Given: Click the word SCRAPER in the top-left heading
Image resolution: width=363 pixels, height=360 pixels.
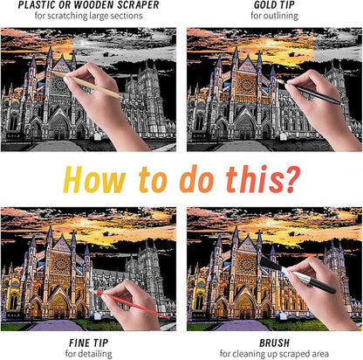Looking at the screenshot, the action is coord(138,5).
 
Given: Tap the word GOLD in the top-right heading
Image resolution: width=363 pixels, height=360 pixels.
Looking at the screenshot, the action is coord(264,5).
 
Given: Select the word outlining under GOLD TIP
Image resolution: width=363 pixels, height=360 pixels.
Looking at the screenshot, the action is coord(282,16).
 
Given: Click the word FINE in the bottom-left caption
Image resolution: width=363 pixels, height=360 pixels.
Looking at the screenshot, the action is coord(79,343).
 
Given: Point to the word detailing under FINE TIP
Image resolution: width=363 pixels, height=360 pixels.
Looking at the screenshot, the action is coord(95,354).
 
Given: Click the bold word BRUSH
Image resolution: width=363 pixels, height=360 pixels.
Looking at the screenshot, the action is coord(274,343).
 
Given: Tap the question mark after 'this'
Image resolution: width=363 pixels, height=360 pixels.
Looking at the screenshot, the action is coord(290,179).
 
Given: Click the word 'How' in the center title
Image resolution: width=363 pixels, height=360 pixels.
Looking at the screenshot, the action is coord(94,179).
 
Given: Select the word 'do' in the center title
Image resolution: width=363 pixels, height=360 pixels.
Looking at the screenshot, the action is coord(196,179).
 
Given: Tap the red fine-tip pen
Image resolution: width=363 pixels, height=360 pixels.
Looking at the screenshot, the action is coord(132,304).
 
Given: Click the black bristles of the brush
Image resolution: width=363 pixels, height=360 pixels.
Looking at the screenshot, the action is coord(271,265).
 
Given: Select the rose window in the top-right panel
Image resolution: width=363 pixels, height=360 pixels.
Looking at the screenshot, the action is coord(246,85).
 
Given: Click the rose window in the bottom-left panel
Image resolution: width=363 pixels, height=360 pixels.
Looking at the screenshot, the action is coord(60,265).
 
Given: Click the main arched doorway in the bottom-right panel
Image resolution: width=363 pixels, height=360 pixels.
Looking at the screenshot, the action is coord(244,307).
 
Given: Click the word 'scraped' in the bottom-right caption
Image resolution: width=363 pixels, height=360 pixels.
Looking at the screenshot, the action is coord(292,354).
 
